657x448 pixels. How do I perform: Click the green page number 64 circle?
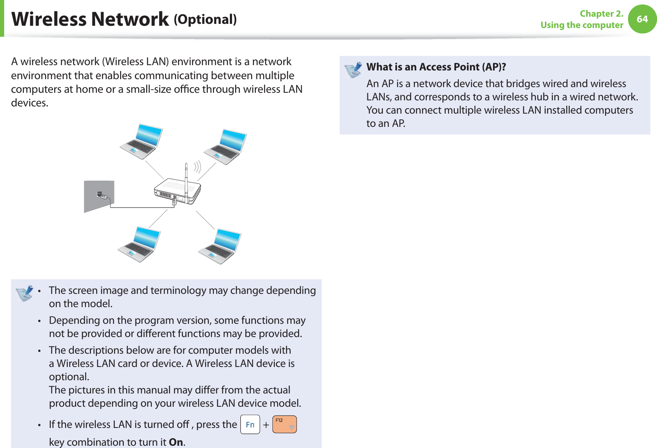[x=642, y=19]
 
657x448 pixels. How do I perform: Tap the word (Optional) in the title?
[x=205, y=19]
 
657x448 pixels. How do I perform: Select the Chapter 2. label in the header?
[x=601, y=14]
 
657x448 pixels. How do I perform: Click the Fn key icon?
[x=250, y=425]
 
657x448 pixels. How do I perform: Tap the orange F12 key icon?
[x=284, y=425]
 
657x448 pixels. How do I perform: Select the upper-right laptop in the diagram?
[x=226, y=147]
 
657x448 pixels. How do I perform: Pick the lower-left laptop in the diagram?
[x=139, y=244]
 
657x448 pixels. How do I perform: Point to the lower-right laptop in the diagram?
[x=220, y=246]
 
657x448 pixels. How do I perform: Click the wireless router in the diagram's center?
[x=177, y=189]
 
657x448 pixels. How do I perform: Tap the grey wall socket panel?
[x=99, y=196]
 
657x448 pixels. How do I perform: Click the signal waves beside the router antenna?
[x=197, y=167]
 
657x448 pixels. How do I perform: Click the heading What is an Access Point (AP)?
[x=436, y=67]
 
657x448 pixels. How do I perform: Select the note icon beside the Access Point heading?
[x=353, y=70]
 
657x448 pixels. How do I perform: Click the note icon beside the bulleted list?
[x=25, y=293]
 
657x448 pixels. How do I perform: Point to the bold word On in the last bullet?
[x=176, y=442]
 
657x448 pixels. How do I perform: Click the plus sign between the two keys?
[x=266, y=425]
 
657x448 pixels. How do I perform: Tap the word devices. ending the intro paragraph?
[x=30, y=103]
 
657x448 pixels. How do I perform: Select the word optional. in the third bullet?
[x=69, y=377]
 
